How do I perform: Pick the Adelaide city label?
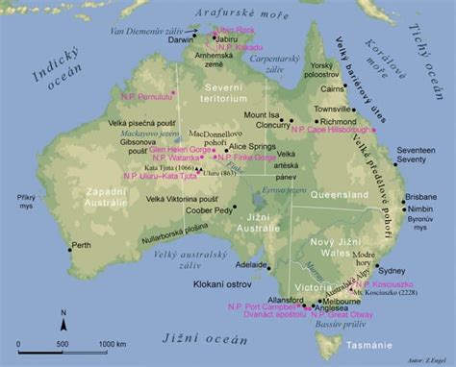pos(252,263)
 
